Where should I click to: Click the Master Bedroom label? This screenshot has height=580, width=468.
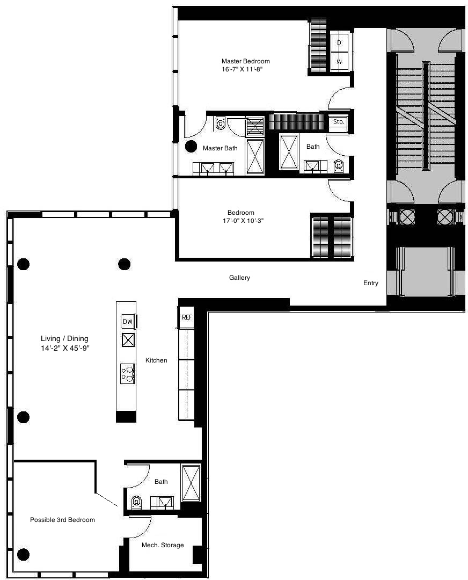tap(245, 61)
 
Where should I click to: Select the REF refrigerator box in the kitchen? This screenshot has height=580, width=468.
tap(186, 317)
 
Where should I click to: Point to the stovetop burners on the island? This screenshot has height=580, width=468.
tap(128, 372)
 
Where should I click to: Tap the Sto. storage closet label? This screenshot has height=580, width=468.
tap(338, 122)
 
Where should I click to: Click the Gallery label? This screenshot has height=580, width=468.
tap(239, 278)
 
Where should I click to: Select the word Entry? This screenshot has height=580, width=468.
tap(370, 283)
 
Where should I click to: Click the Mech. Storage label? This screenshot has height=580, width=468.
tap(162, 545)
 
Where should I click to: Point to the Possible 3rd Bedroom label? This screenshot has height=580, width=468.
tap(62, 520)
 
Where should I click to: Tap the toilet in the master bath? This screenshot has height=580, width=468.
tap(221, 124)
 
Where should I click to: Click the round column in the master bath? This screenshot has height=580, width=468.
tap(191, 146)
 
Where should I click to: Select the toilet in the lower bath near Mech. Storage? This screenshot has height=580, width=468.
tap(136, 502)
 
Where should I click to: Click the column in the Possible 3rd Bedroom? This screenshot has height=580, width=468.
tap(23, 554)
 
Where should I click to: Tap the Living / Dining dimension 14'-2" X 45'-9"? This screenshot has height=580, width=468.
tap(64, 347)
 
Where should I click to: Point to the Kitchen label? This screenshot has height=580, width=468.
tap(156, 360)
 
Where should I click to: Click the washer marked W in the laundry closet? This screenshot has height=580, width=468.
tap(339, 61)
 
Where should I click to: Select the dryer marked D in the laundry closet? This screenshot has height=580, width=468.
tap(339, 42)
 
